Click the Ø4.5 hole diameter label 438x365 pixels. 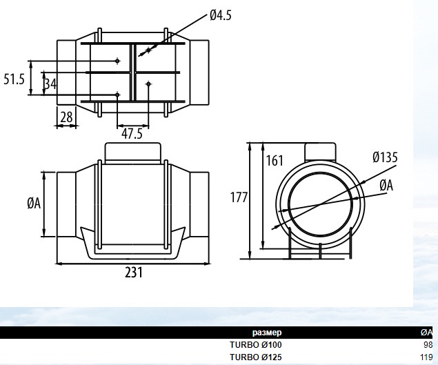click(221, 14)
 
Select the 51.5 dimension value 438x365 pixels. click(14, 79)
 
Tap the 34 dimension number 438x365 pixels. click(50, 84)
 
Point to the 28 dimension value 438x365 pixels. click(66, 117)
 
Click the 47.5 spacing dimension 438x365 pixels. click(132, 134)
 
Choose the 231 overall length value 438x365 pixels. click(134, 273)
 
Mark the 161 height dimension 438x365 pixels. click(275, 161)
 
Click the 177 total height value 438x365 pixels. click(239, 197)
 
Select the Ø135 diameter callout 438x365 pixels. click(385, 157)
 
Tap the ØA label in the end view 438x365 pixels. click(386, 186)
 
